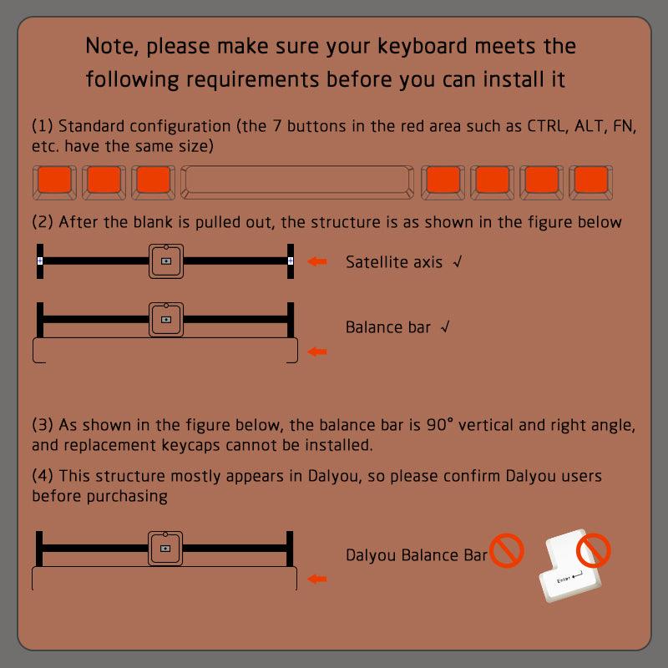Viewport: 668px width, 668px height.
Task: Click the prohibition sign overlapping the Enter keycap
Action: (x=594, y=550)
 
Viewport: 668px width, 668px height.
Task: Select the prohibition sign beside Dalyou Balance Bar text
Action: (x=507, y=550)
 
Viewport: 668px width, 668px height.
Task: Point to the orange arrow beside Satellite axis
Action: (x=317, y=261)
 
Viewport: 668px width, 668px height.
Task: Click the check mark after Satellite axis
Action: (x=458, y=261)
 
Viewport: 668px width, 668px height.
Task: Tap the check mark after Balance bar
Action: (x=445, y=326)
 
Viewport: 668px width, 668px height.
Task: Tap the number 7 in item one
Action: (x=277, y=126)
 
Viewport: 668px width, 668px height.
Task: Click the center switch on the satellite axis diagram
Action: (x=166, y=261)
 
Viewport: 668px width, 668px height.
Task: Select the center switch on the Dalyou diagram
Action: (x=165, y=549)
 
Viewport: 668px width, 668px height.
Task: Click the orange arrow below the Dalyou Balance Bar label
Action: (x=317, y=579)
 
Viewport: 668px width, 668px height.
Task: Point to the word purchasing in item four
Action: (x=127, y=496)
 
